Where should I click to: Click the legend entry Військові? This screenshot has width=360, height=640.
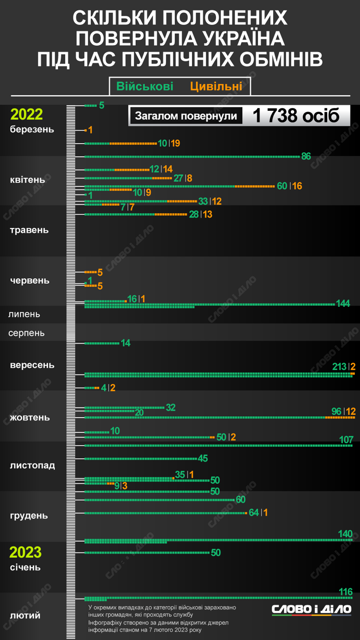[145, 86]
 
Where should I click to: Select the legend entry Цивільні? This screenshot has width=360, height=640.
[216, 86]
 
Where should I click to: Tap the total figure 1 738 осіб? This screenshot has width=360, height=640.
[296, 116]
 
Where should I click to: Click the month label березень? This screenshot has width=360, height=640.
[32, 129]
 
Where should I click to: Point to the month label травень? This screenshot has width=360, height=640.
[29, 230]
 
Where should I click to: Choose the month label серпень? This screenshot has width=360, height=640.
[26, 333]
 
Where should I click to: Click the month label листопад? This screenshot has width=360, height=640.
[32, 465]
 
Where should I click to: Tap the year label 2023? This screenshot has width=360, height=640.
[26, 552]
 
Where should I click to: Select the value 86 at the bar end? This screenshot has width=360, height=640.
[306, 156]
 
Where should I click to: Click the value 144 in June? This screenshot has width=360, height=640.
[343, 303]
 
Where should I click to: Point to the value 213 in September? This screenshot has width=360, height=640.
[339, 367]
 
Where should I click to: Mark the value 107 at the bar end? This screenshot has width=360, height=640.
[346, 439]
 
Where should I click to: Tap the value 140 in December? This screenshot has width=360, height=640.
[345, 534]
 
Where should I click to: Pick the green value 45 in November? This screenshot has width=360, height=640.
[203, 459]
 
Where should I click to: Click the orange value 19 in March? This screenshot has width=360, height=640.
[175, 144]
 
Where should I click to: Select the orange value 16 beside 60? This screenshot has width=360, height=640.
[297, 186]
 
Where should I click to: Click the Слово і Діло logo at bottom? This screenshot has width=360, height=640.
[311, 609]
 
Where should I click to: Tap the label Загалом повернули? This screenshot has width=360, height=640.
[186, 116]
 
